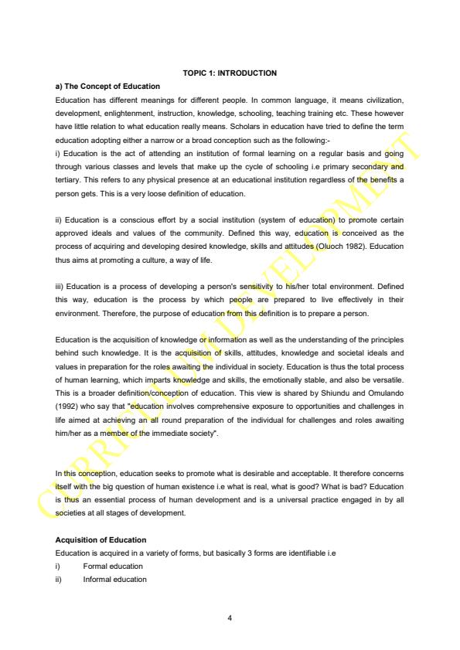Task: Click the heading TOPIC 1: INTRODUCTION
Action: (x=230, y=73)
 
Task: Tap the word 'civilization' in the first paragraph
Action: (x=384, y=100)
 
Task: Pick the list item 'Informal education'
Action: (x=114, y=579)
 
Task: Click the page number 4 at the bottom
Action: (x=230, y=617)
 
